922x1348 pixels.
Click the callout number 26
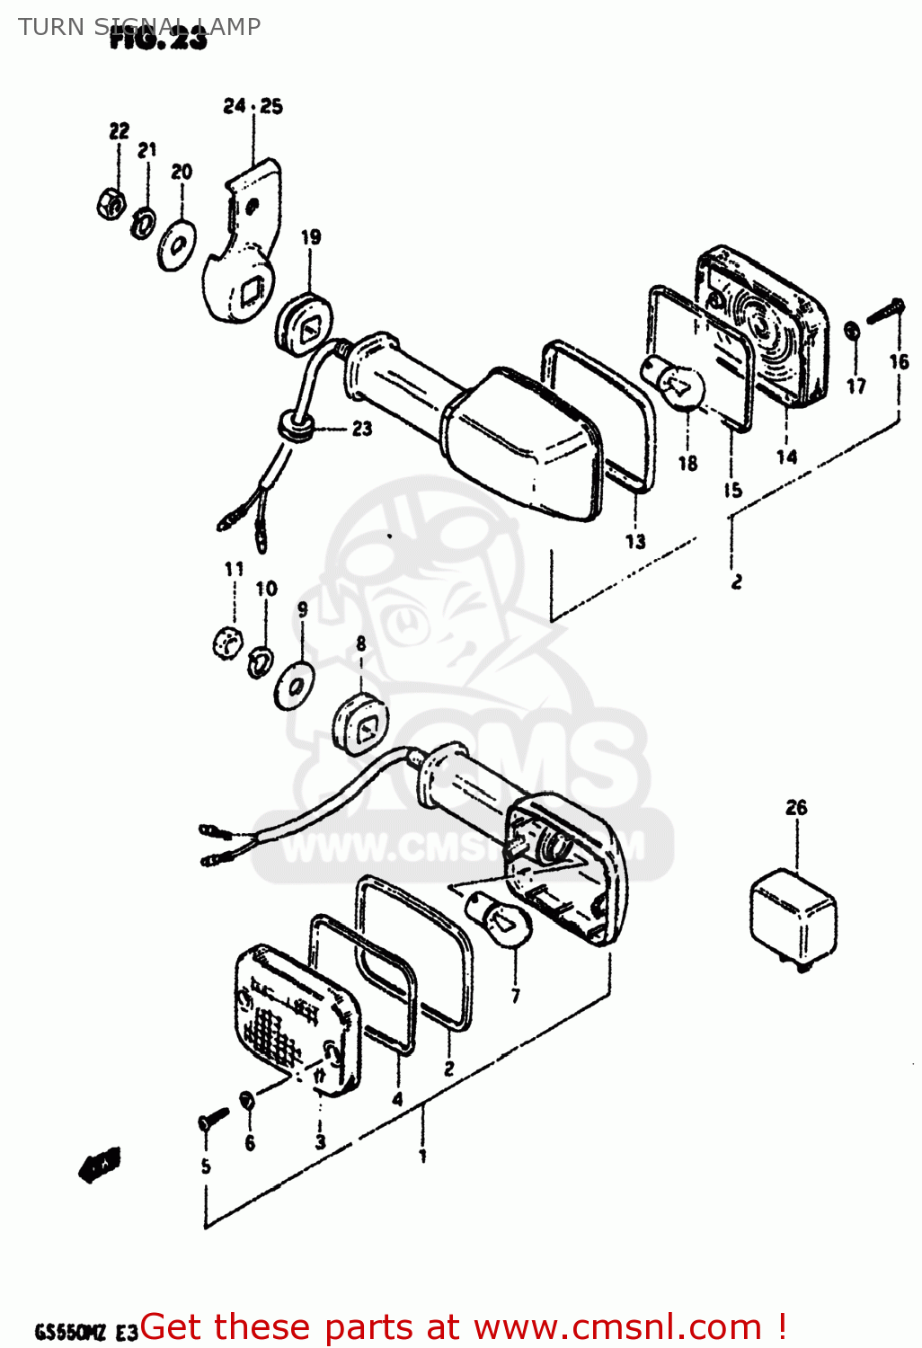pyautogui.click(x=796, y=808)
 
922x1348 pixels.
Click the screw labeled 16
pyautogui.click(x=885, y=311)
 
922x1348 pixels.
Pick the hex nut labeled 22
pyautogui.click(x=110, y=203)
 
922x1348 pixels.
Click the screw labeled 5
pyautogui.click(x=213, y=1119)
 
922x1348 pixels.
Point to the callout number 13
pyautogui.click(x=635, y=541)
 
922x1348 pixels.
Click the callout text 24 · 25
pyautogui.click(x=253, y=106)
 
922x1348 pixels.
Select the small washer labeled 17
pyautogui.click(x=852, y=332)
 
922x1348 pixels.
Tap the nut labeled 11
pyautogui.click(x=228, y=643)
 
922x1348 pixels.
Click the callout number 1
pyautogui.click(x=422, y=1156)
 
